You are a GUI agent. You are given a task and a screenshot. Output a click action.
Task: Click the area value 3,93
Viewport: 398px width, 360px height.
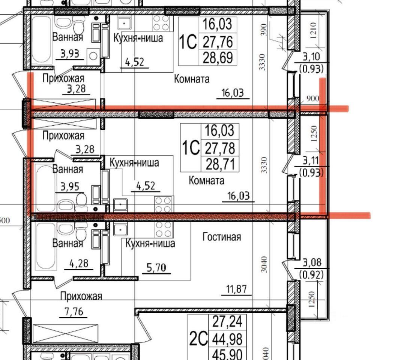(x=70, y=54)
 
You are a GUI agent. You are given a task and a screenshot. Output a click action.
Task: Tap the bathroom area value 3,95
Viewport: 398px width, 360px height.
(x=70, y=187)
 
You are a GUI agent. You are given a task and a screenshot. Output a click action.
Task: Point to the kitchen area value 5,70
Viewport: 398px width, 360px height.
(x=156, y=267)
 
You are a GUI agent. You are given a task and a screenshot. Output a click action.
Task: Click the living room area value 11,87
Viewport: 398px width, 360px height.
(x=236, y=289)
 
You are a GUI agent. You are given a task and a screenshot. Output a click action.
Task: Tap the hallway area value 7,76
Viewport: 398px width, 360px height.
(x=74, y=311)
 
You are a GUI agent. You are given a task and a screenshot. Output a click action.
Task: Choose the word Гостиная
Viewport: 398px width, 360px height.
(x=222, y=237)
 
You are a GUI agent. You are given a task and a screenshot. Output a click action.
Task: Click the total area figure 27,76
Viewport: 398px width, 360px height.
(x=218, y=42)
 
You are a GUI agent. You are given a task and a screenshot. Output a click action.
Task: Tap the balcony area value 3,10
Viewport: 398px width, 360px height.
(x=311, y=56)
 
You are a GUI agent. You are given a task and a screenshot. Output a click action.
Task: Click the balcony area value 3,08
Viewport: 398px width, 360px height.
(x=312, y=262)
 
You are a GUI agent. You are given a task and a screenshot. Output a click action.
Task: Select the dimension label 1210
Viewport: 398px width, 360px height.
(x=313, y=30)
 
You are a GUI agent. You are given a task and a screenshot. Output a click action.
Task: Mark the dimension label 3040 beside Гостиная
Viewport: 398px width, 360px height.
(x=264, y=264)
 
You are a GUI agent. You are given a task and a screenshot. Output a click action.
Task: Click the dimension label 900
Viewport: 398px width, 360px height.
(x=312, y=98)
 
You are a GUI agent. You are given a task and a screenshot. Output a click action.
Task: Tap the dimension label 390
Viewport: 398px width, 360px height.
(x=264, y=30)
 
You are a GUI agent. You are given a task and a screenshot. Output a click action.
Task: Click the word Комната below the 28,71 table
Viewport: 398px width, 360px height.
(x=206, y=181)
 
